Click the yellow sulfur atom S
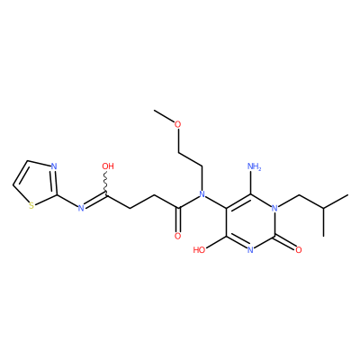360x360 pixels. tap(31, 206)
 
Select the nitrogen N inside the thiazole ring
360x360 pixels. tap(54, 166)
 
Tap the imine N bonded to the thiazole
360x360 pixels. tap(80, 208)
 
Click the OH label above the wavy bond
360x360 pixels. tap(108, 166)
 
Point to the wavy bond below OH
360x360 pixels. tap(106, 183)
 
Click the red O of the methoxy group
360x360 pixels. tap(178, 124)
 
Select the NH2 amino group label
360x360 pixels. tap(255, 166)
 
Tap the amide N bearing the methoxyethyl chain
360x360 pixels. tap(202, 194)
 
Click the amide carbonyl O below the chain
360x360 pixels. tap(178, 236)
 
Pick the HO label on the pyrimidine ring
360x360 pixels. tap(199, 249)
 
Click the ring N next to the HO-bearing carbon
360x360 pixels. tap(250, 249)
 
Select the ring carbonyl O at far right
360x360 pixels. tap(299, 249)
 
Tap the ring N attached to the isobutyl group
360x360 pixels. tap(274, 208)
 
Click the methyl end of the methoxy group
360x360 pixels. tap(155, 111)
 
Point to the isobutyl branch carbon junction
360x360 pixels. tap(323, 208)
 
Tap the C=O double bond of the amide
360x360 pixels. tap(178, 220)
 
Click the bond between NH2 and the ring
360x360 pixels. tap(251, 183)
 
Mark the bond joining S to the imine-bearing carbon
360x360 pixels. tap(45, 200)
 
